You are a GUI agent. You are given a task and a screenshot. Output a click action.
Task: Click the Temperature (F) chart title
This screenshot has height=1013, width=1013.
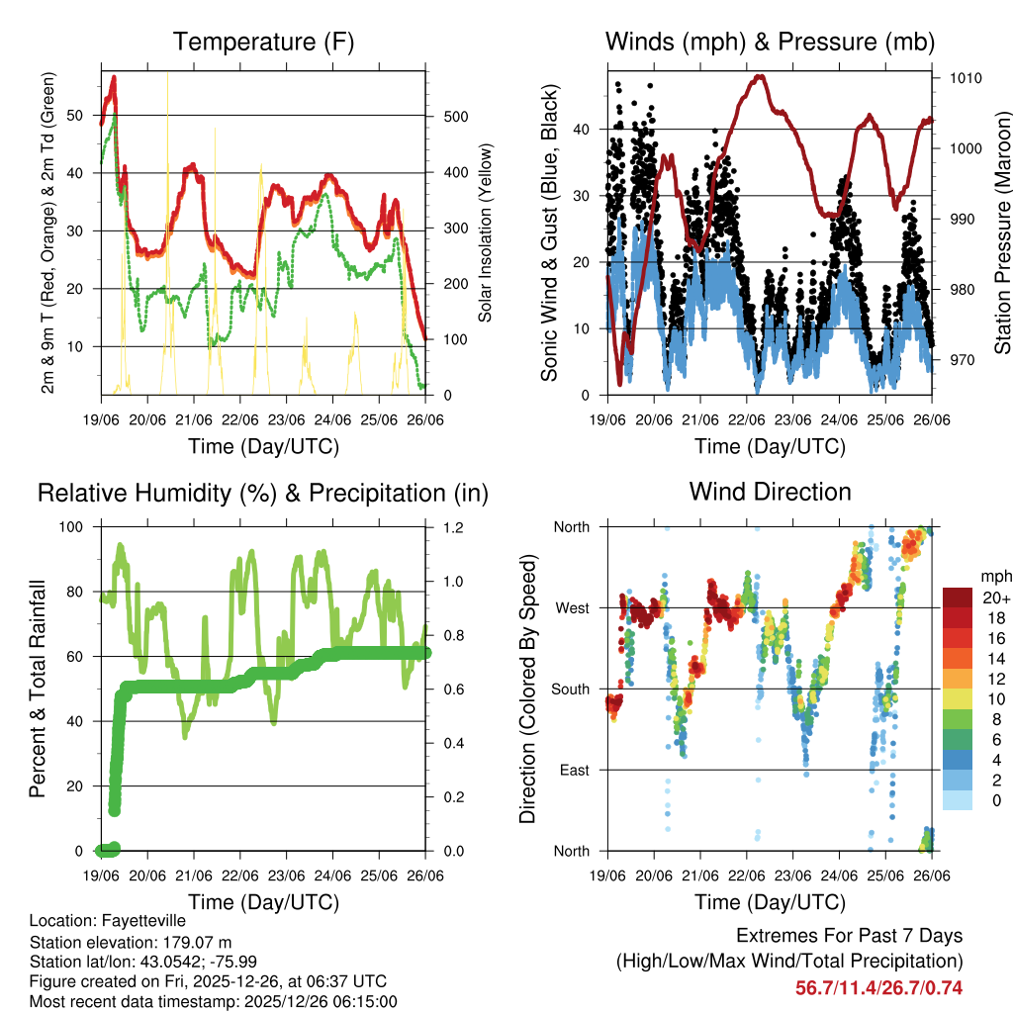(263, 43)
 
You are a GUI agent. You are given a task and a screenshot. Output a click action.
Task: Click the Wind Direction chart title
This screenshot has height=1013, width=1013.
(770, 492)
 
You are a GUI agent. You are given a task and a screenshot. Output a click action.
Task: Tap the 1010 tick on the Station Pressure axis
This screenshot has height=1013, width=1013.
(965, 77)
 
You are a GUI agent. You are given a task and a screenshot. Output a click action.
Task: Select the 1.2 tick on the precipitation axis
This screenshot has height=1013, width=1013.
(442, 527)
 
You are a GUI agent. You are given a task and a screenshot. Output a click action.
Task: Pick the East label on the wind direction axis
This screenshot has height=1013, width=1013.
(575, 770)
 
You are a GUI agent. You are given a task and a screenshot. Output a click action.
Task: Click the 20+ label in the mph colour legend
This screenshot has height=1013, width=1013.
(996, 598)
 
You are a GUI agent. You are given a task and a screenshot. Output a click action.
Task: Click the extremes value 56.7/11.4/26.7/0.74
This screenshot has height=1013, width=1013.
(878, 987)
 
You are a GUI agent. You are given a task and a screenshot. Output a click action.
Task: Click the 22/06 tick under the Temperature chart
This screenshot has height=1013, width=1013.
(240, 418)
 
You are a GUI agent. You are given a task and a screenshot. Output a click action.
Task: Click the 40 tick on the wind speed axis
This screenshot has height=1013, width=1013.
(584, 130)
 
